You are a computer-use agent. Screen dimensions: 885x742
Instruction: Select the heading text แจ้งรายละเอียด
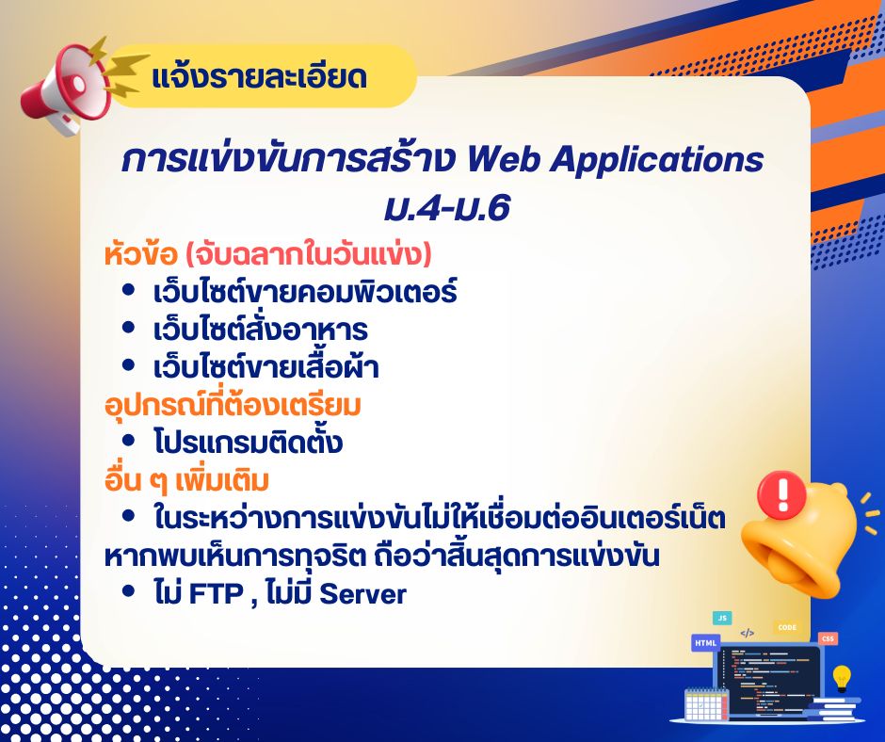pos(260,77)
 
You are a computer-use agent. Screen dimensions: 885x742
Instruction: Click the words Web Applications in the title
pos(615,160)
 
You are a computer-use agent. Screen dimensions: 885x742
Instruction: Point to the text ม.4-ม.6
pos(447,209)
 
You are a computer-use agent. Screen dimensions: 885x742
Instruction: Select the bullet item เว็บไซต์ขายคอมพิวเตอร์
pos(305,292)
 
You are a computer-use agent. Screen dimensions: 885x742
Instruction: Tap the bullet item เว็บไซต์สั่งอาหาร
pos(260,330)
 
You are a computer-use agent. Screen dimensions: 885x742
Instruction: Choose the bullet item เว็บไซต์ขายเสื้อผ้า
pos(265,367)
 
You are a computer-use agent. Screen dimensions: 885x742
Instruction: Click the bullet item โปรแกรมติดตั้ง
pos(248,442)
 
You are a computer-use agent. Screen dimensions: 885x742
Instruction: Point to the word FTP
pos(216,594)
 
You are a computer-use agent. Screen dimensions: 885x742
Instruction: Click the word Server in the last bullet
pos(362,594)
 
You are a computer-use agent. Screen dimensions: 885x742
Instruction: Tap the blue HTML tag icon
pos(705,642)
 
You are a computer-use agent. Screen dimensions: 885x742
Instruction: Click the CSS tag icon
pos(828,638)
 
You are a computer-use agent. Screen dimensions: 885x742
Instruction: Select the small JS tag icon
pos(722,619)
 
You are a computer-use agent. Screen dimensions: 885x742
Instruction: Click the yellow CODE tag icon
pos(787,627)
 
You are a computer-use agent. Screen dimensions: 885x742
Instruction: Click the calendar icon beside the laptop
pos(705,703)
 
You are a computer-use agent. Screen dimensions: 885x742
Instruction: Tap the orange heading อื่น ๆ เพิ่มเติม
pos(186,480)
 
